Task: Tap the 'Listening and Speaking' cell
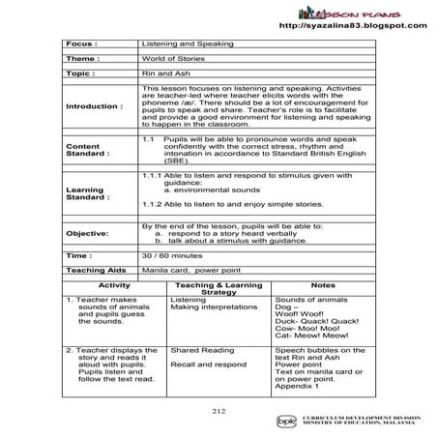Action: (x=174, y=44)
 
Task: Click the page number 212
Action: (x=219, y=411)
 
